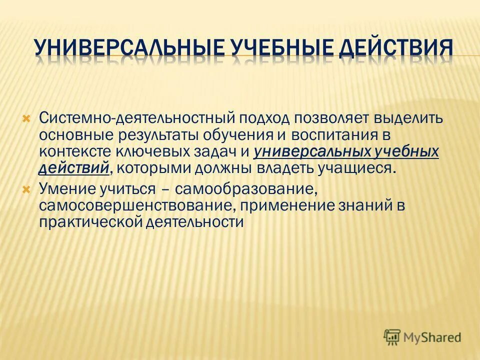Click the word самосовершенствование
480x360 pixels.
coord(133,205)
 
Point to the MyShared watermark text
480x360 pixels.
coord(433,337)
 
